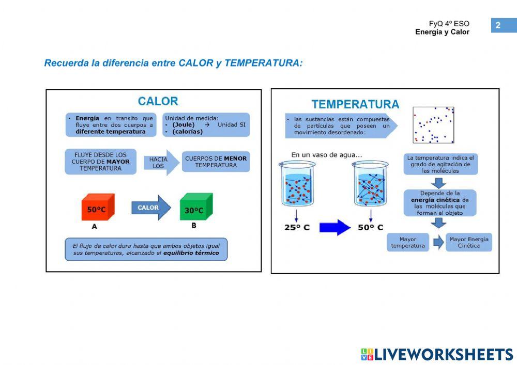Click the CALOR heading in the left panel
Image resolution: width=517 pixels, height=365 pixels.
[x=158, y=101]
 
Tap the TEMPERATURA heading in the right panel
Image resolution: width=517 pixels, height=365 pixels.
[x=355, y=104]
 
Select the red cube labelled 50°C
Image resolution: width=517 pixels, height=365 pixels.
[x=97, y=208]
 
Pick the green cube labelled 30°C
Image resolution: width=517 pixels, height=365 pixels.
[x=195, y=208]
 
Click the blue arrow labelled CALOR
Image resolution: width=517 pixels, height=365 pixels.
[x=150, y=208]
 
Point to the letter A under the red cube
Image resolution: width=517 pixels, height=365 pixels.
[x=94, y=227]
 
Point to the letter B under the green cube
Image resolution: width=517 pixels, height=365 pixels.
[x=194, y=226]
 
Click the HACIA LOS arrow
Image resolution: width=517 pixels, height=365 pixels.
[x=160, y=163]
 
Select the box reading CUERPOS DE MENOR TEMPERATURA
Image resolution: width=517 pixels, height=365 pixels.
[x=216, y=162]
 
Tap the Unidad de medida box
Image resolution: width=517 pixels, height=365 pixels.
[x=206, y=125]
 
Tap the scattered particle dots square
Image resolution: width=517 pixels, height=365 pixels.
[x=433, y=124]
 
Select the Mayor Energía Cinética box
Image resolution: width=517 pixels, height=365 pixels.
[x=468, y=243]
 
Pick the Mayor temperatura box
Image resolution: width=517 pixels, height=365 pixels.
[x=408, y=243]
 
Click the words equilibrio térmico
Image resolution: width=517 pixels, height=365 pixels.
[x=197, y=253]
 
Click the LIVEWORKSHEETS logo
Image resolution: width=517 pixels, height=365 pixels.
[x=437, y=354]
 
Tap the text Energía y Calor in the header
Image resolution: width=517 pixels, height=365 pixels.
[x=442, y=32]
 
